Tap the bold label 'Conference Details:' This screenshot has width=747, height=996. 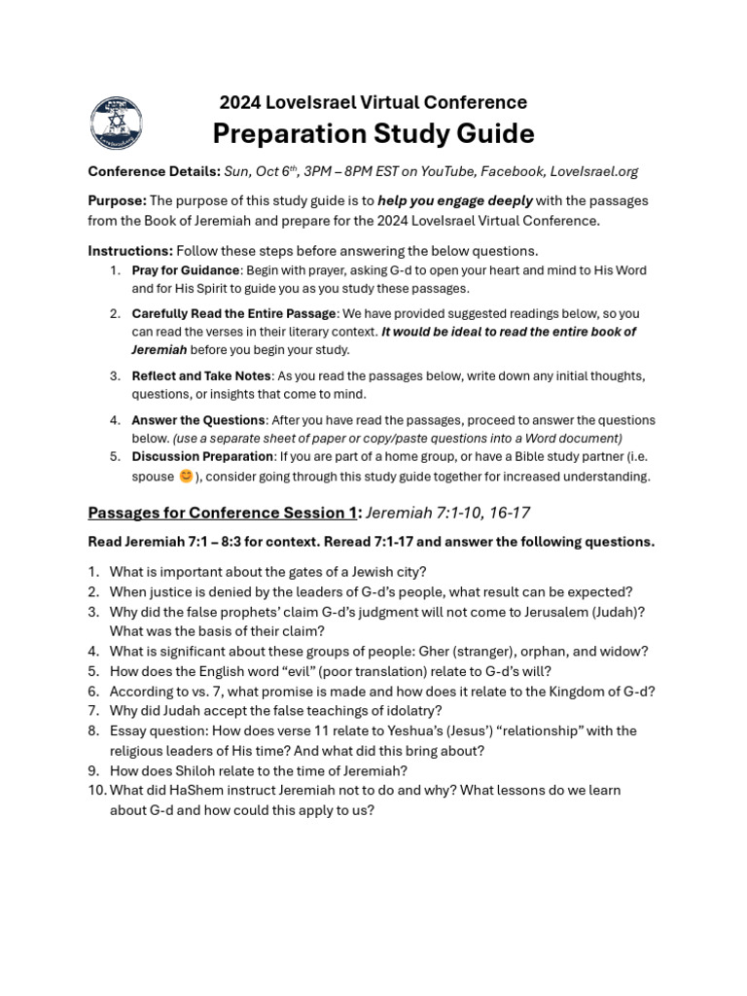pos(154,171)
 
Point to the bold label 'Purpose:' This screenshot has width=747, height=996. pos(118,200)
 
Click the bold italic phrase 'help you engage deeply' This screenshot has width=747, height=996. pos(455,200)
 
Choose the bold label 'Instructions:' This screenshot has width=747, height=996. pos(130,251)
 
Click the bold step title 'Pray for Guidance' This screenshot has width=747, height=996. pos(185,270)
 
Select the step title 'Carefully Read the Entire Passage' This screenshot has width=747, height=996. pos(234,313)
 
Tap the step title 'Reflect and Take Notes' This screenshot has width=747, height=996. pos(201,375)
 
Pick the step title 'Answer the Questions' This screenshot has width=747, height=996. pos(198,420)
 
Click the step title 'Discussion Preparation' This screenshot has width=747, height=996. pos(202,456)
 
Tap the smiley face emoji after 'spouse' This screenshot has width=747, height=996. pos(186,476)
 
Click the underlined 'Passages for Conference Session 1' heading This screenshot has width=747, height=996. pos(223,513)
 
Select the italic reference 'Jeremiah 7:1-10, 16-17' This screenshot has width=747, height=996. pos(447,513)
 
